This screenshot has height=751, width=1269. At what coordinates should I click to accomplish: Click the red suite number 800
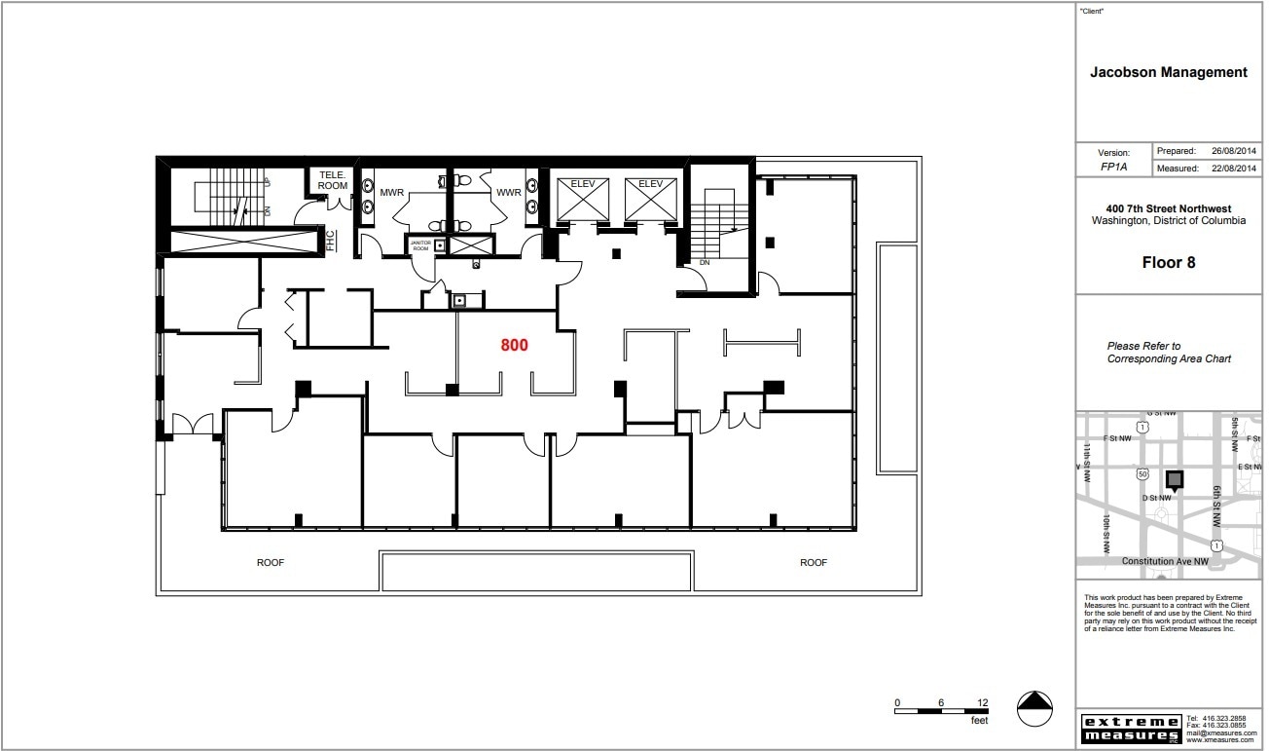click(514, 345)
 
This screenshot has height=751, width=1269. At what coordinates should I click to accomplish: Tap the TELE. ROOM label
click(333, 180)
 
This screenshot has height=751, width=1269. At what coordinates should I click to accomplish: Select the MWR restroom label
click(392, 193)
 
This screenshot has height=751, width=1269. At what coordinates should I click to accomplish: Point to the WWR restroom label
click(508, 193)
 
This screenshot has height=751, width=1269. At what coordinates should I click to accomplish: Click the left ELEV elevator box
click(582, 199)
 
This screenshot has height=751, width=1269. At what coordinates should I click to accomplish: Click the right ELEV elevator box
click(650, 199)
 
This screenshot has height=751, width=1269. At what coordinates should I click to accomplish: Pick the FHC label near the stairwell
click(330, 240)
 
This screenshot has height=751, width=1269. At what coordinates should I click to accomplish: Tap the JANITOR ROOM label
click(420, 246)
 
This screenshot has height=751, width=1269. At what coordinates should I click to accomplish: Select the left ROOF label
click(271, 563)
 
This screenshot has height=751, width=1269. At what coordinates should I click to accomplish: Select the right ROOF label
click(814, 563)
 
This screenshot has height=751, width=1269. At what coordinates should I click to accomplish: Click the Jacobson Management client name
click(1168, 72)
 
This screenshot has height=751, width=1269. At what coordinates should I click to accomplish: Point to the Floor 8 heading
click(1168, 263)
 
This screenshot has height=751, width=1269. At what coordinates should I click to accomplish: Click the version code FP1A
click(1113, 168)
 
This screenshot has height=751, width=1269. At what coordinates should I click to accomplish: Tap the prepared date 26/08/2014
click(1234, 152)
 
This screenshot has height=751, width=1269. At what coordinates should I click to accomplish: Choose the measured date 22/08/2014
click(1234, 169)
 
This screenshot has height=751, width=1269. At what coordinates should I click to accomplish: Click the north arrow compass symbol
click(1035, 709)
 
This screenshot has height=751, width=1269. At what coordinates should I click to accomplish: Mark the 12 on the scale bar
click(983, 703)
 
